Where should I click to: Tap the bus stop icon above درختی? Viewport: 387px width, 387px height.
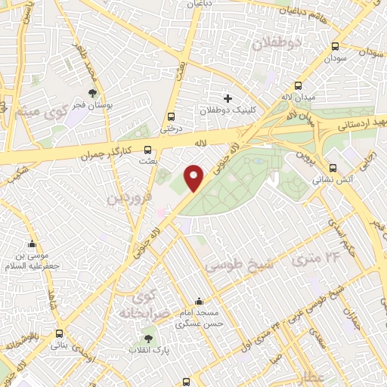pos(172,116)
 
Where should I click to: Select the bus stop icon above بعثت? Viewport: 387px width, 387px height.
pos(147,150)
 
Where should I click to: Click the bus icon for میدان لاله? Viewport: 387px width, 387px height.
pos(299,85)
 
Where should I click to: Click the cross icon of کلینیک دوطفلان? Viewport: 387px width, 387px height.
pos(228,99)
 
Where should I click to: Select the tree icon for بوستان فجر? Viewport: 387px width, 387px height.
pos(92,94)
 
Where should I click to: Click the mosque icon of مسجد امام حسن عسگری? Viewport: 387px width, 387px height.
pos(199,300)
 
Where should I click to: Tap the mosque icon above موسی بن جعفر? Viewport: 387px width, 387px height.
pos(32,244)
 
